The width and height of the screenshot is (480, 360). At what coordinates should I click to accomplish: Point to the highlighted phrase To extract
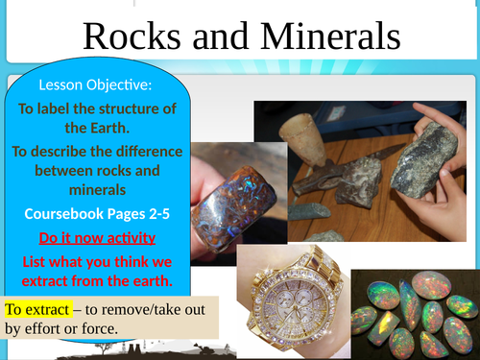37,310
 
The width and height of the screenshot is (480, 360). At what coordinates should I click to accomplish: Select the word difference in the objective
138,151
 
